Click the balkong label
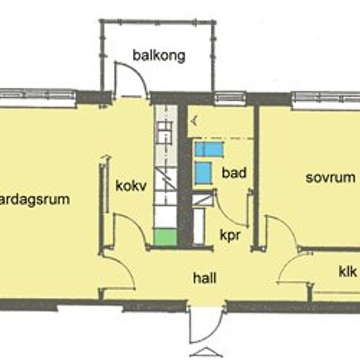coord(159,56)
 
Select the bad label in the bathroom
coord(234,173)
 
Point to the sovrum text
coord(331,177)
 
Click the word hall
coord(204,278)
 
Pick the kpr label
coord(230,234)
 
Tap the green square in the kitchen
coord(166,238)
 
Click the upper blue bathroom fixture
coord(209,149)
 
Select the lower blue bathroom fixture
coord(204,173)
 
